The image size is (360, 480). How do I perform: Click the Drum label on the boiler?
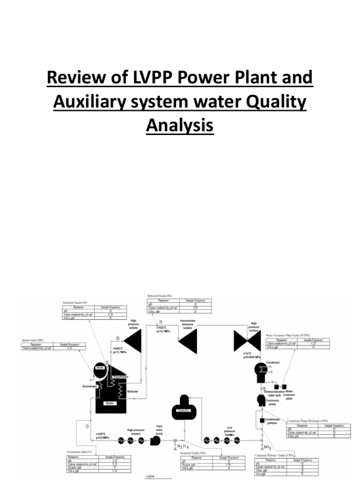pos(99,368)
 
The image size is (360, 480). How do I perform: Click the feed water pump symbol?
pos(155,440)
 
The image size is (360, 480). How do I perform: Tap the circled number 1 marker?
pos(87,426)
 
